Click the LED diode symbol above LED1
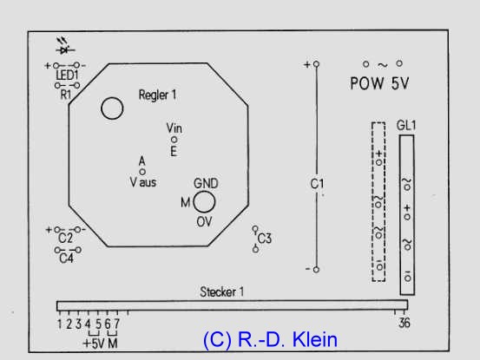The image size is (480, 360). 64,46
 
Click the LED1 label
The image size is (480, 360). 67,75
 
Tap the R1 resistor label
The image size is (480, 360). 65,95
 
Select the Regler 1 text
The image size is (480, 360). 157,95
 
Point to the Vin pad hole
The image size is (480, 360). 174,140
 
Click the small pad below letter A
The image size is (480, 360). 142,172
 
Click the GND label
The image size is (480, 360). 206,184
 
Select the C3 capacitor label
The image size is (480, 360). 265,239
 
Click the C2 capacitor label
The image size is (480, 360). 65,238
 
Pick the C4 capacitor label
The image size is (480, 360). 67,259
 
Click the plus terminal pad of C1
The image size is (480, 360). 316,64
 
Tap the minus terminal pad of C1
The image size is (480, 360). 316,270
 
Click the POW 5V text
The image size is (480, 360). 379,83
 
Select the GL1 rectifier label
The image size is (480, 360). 406,125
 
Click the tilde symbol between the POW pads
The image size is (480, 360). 382,65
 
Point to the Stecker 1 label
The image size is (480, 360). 221,291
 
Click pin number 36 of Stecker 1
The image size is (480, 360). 404,323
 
